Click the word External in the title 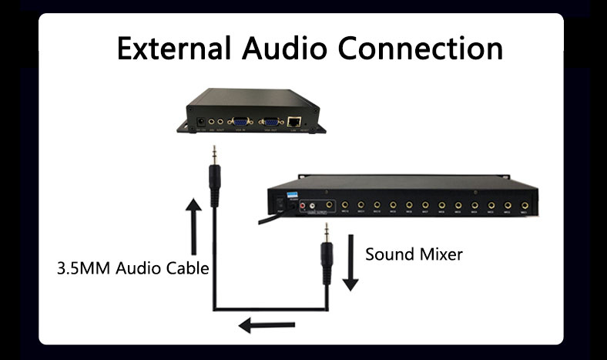[x=174, y=47]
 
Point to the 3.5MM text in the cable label [x=84, y=270]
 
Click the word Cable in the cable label [x=185, y=270]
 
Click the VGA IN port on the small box [x=240, y=121]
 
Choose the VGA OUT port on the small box [x=270, y=121]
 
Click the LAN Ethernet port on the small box [x=295, y=121]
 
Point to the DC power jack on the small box [x=202, y=122]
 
